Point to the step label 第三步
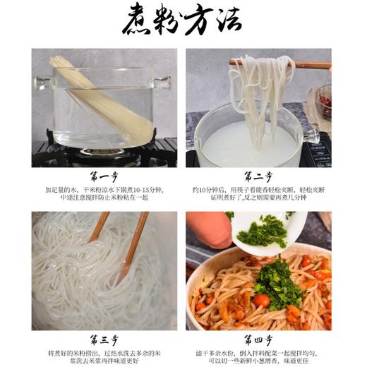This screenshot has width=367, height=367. [x=104, y=339]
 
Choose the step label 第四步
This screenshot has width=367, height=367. [x=258, y=339]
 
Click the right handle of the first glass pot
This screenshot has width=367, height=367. [x=163, y=83]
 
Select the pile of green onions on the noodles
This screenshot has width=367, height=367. [x=279, y=286]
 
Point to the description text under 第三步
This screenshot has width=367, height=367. [x=104, y=357]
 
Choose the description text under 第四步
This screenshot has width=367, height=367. [x=258, y=357]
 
